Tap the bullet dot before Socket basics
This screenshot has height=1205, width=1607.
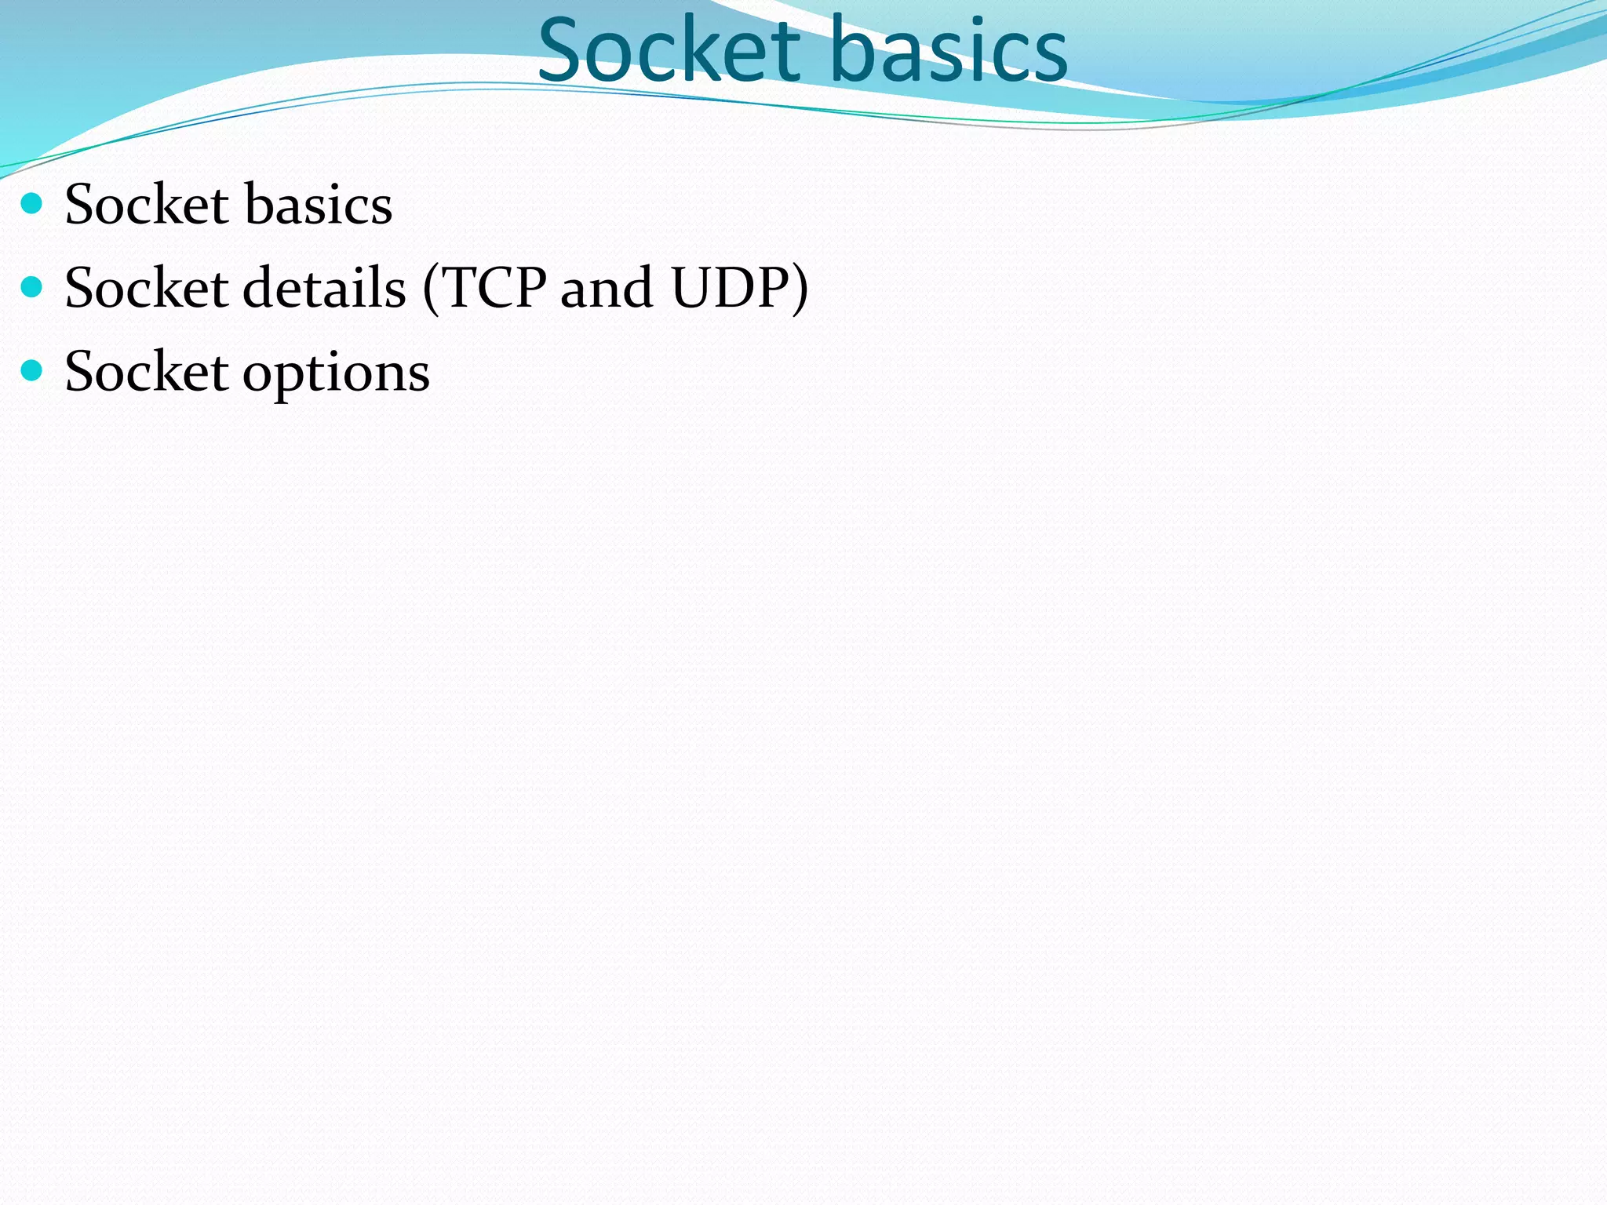(x=31, y=204)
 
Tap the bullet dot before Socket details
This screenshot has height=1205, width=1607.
(x=31, y=287)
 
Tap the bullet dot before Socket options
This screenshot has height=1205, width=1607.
(x=31, y=370)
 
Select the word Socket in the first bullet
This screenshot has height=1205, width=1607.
(x=147, y=205)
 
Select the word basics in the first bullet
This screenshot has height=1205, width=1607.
(x=318, y=205)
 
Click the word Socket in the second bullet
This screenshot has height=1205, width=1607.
(x=147, y=288)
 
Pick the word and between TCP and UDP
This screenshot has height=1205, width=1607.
(x=606, y=288)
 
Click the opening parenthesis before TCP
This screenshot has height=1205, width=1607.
(x=431, y=289)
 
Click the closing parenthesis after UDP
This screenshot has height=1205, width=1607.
(x=800, y=289)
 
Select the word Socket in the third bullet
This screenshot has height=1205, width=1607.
(x=147, y=371)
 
